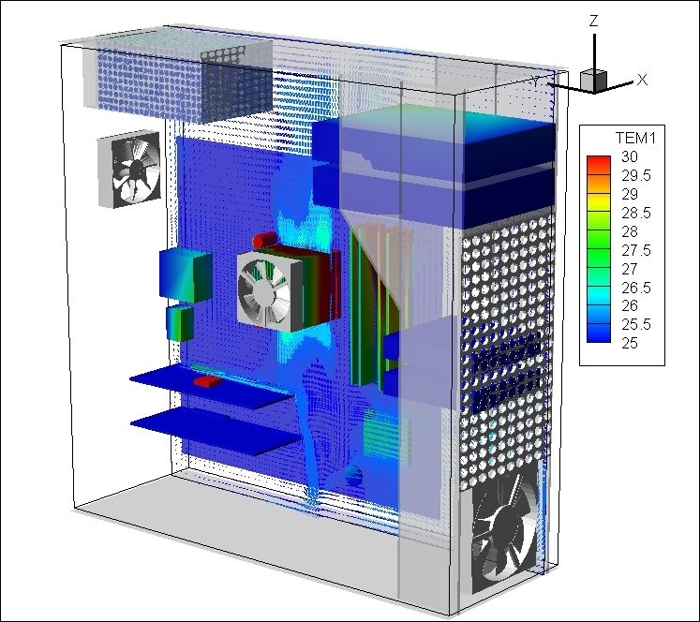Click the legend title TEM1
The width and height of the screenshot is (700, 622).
click(635, 139)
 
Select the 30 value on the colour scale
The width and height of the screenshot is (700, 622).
click(630, 156)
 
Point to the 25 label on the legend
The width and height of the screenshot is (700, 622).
click(630, 343)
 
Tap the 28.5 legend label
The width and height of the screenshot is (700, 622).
click(636, 213)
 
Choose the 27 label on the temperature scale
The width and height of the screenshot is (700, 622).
click(630, 269)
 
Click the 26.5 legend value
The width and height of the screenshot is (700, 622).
click(636, 288)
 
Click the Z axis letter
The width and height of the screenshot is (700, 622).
click(593, 21)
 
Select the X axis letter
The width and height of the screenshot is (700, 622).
click(642, 80)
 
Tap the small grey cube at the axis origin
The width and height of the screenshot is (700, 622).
click(593, 81)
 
